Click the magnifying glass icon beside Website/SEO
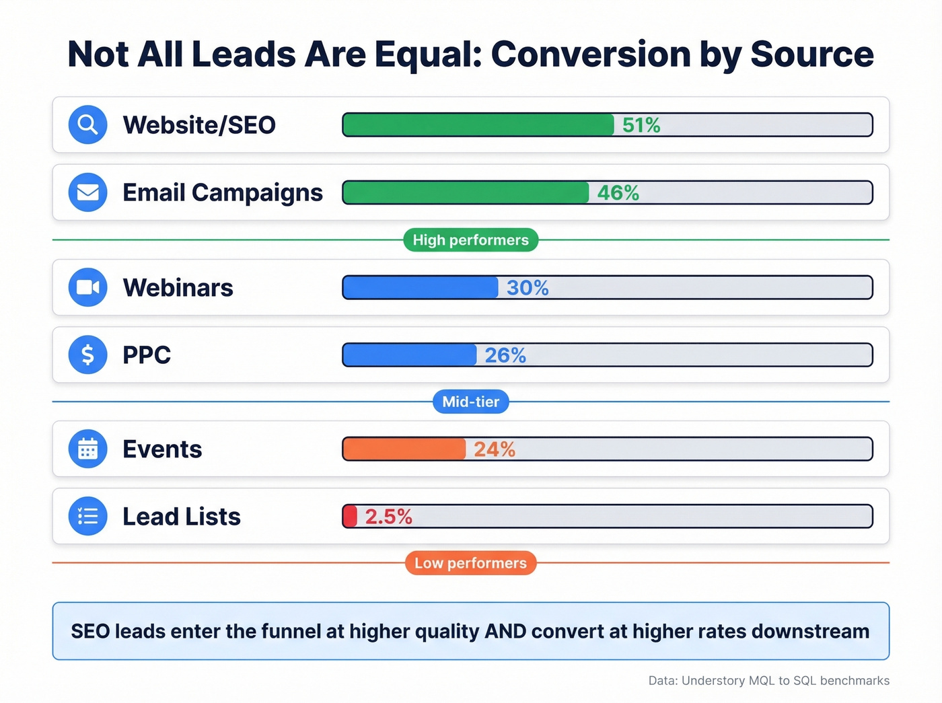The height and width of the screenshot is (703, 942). [x=87, y=125]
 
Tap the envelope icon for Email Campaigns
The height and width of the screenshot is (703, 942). [x=87, y=192]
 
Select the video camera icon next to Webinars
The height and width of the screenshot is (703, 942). [x=87, y=287]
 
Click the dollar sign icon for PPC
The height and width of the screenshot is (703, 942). [x=87, y=355]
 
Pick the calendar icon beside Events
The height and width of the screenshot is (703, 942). [x=87, y=449]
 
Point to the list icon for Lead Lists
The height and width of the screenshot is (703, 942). [x=87, y=516]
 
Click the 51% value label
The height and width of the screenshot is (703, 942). [x=641, y=125]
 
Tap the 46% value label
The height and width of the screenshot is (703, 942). [x=618, y=193]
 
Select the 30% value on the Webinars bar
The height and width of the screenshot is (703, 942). [x=528, y=288]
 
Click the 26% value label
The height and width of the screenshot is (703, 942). [x=505, y=355]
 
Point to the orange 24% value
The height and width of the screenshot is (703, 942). [x=495, y=449]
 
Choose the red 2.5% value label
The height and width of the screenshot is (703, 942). [x=388, y=517]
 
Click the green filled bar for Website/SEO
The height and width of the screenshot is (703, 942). [x=478, y=125]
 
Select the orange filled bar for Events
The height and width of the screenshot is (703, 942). [x=404, y=449]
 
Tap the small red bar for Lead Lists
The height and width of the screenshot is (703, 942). [x=350, y=516]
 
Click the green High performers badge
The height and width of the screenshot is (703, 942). [x=470, y=240]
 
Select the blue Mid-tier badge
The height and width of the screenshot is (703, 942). [x=470, y=402]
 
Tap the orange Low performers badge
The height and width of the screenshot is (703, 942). [x=470, y=563]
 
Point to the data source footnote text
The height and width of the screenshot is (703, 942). [x=768, y=681]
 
